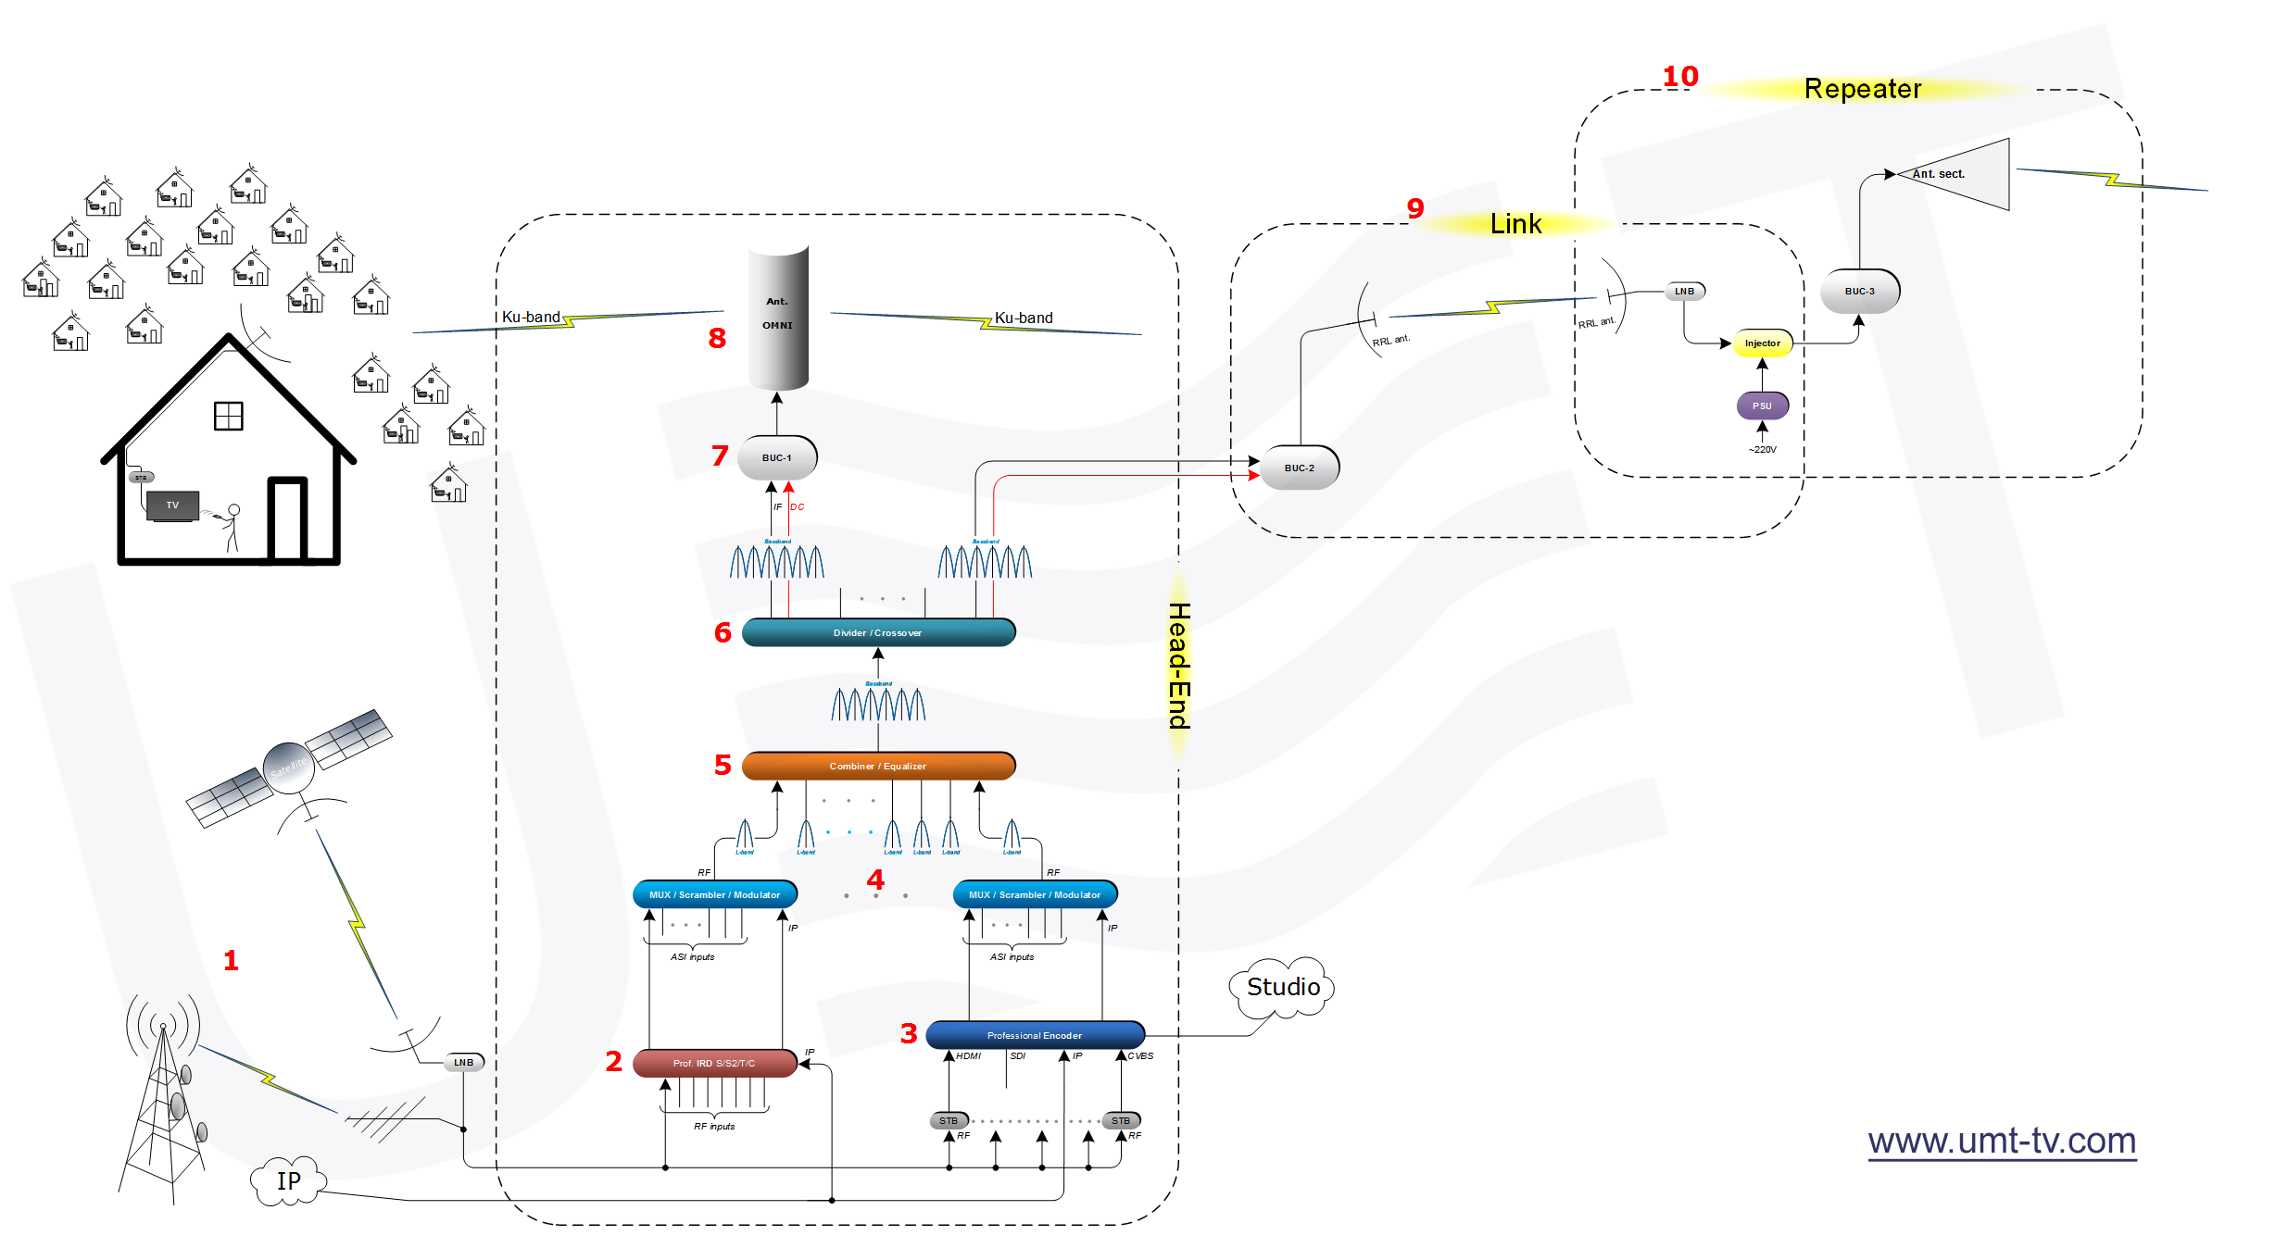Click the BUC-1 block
click(x=777, y=457)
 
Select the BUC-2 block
click(x=1299, y=468)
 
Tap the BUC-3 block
click(x=1859, y=291)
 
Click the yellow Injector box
click(x=1762, y=343)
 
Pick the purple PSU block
click(x=1761, y=406)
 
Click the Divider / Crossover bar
click(x=877, y=632)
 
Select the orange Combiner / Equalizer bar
click(x=877, y=766)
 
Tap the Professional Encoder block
click(x=1035, y=1035)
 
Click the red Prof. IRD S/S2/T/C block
click(x=714, y=1063)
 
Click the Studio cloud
click(x=1282, y=988)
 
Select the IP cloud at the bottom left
click(x=288, y=1181)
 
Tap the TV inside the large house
click(x=173, y=505)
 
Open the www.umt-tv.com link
click(x=2001, y=1141)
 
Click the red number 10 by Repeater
click(x=1679, y=77)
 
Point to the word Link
click(x=1515, y=224)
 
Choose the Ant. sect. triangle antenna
click(x=1964, y=175)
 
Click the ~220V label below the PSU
click(x=1762, y=450)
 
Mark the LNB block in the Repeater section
click(x=1684, y=291)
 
